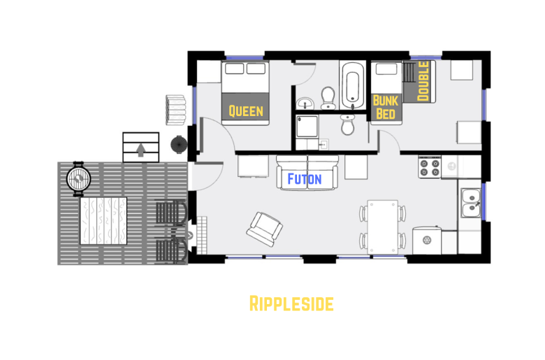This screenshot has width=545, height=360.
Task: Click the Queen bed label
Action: pyautogui.click(x=246, y=110)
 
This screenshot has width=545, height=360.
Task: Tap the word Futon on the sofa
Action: pyautogui.click(x=305, y=179)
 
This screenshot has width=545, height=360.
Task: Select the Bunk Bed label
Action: pyautogui.click(x=386, y=107)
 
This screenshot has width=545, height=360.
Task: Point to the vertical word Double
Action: pyautogui.click(x=423, y=82)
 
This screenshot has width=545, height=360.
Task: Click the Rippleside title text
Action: pyautogui.click(x=291, y=303)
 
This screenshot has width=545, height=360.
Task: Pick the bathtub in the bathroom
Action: pyautogui.click(x=351, y=86)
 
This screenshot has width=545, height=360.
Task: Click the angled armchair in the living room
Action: pyautogui.click(x=266, y=226)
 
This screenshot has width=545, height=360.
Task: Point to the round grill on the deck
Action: pyautogui.click(x=78, y=177)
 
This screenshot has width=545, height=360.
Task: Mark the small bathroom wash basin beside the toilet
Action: pyautogui.click(x=305, y=104)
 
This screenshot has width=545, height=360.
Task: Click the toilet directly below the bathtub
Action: pyautogui.click(x=348, y=125)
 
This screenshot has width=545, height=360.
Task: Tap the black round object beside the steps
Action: pyautogui.click(x=179, y=145)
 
